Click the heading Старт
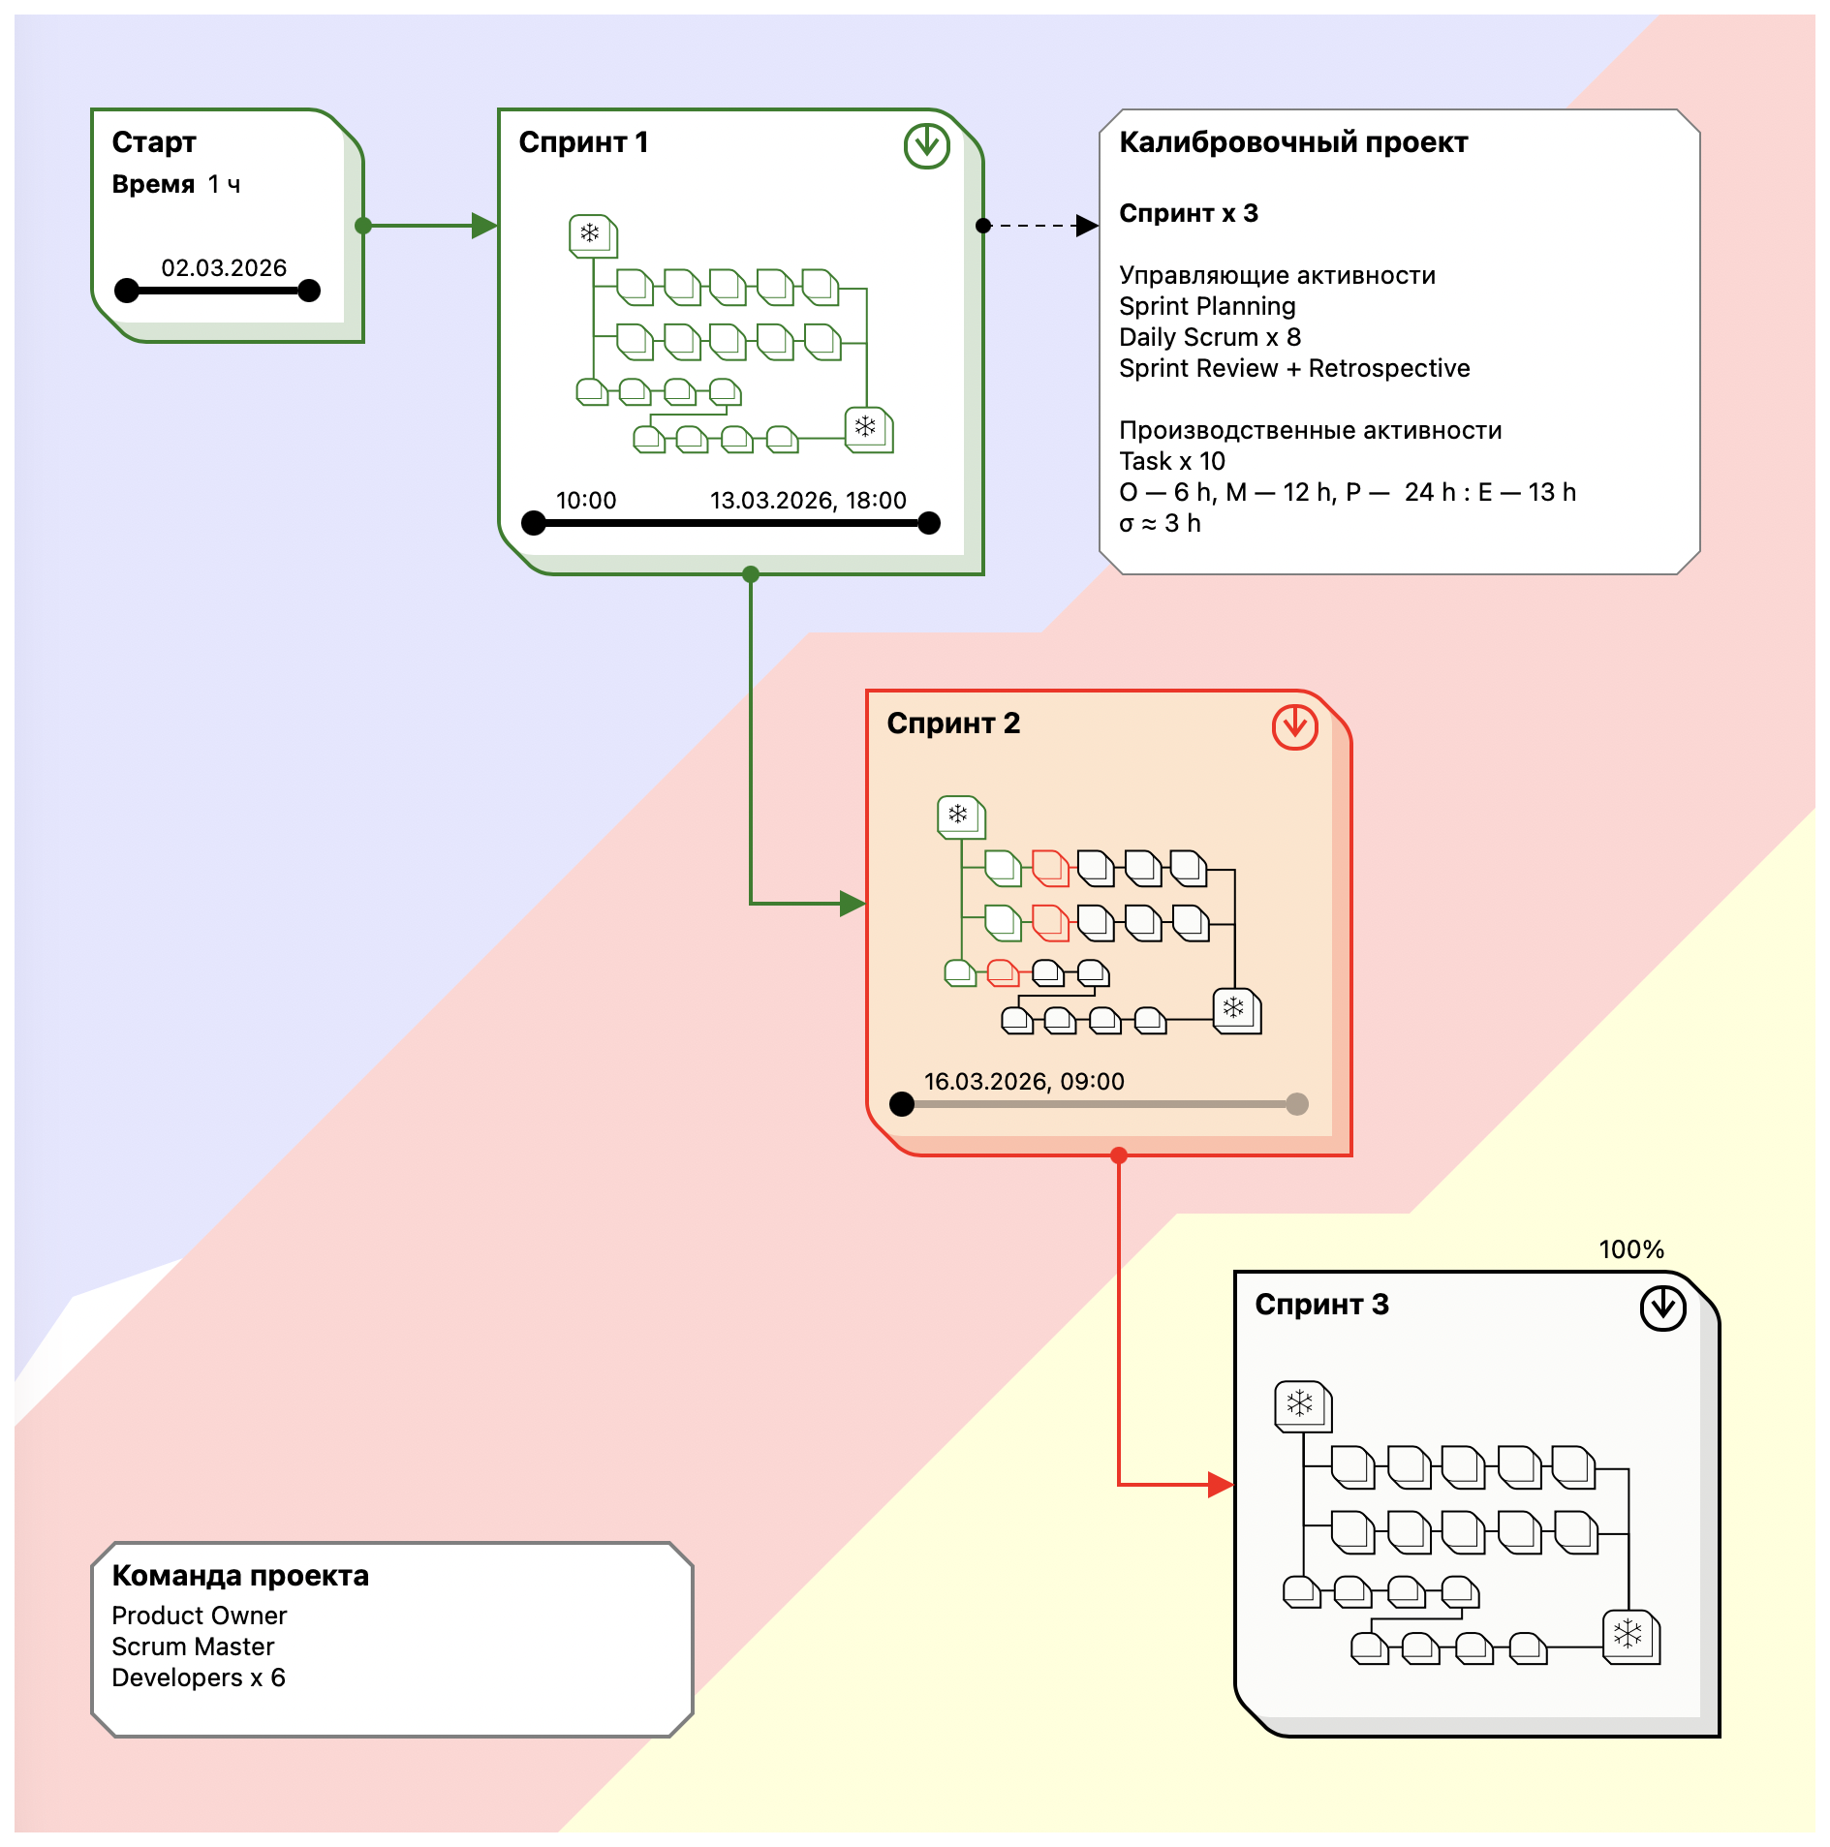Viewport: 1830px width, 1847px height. (154, 142)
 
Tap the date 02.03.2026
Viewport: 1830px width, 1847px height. (224, 268)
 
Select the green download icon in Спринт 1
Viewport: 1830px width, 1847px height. (926, 146)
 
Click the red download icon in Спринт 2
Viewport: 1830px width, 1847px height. (1294, 726)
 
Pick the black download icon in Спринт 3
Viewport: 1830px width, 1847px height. (1662, 1308)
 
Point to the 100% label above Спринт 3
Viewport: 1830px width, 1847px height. (1630, 1249)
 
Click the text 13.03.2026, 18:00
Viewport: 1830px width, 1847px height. (808, 501)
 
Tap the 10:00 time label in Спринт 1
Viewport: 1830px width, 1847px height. (586, 501)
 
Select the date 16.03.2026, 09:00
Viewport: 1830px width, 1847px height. (1024, 1082)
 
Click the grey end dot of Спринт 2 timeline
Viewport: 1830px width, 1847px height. (1297, 1104)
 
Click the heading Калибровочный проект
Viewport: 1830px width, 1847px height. (1293, 142)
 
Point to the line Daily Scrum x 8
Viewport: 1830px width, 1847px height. (1210, 338)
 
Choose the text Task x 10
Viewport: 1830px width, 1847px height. (1172, 462)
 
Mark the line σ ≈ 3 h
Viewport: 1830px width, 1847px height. (1160, 524)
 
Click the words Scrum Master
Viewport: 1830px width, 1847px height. (193, 1647)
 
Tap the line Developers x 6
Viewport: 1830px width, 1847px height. (199, 1678)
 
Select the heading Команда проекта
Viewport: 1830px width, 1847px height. (240, 1577)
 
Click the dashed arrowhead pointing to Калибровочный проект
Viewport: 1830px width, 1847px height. (1087, 226)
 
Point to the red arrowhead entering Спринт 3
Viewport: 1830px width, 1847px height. (1221, 1484)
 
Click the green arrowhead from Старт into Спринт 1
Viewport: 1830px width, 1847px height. (484, 226)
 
